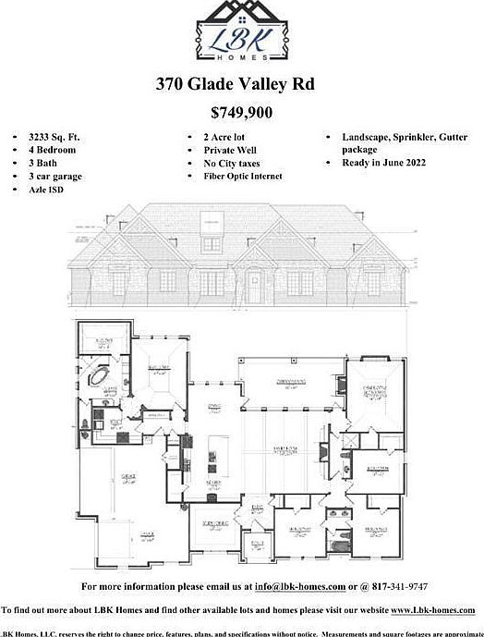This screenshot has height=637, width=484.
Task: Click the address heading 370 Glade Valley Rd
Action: (235, 84)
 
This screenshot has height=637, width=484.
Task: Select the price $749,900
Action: (241, 114)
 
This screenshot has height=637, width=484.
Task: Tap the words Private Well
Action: (230, 149)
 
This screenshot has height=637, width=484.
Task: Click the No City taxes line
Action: (233, 162)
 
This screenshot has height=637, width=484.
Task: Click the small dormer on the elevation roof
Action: (214, 223)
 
